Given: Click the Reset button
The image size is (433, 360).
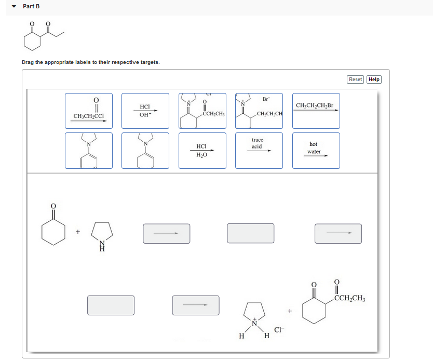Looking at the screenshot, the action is tap(356, 79).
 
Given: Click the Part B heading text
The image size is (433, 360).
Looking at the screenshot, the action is tap(31, 6).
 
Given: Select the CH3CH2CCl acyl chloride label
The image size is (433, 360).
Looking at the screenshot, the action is tap(88, 111).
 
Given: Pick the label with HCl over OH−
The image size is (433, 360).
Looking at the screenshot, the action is tap(145, 111).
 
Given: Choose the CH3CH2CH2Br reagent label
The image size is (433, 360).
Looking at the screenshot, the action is tap(316, 111).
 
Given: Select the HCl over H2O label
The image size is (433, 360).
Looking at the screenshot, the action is tap(202, 151).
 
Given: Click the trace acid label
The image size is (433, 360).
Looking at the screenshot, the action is tap(259, 151).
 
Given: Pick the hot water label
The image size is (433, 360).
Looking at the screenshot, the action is tap(316, 151).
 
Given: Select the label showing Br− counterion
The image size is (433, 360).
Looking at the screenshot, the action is tap(259, 111).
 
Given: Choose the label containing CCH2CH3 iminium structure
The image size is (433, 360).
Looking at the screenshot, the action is tap(202, 111).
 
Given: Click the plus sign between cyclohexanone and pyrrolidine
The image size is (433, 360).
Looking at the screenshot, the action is tap(77, 232).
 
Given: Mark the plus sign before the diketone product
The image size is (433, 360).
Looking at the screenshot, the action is tap(290, 311).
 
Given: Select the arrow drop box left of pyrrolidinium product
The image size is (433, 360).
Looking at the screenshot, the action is tap(195, 305).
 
